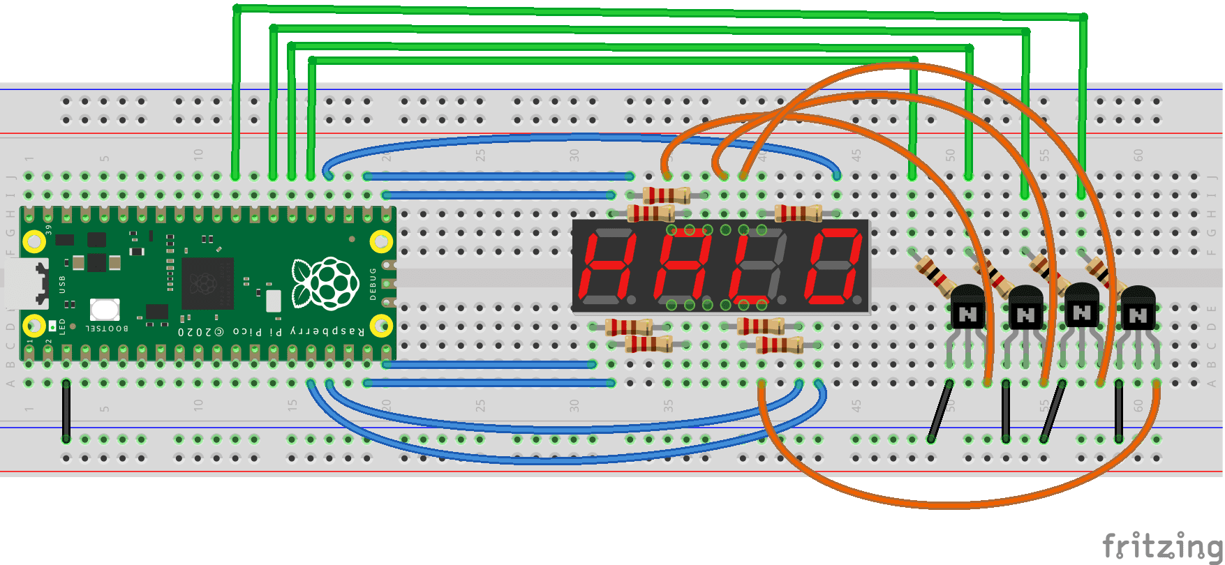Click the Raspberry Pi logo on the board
[325, 282]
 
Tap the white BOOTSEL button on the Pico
[105, 308]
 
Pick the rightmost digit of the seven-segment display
[832, 267]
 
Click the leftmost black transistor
[967, 308]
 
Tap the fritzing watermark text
[1161, 545]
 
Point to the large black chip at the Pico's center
[207, 283]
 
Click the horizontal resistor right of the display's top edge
[799, 213]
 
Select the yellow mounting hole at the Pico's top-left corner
[34, 241]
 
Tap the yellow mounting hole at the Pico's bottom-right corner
[381, 326]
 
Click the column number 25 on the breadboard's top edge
[480, 155]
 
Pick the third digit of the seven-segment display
[757, 267]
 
